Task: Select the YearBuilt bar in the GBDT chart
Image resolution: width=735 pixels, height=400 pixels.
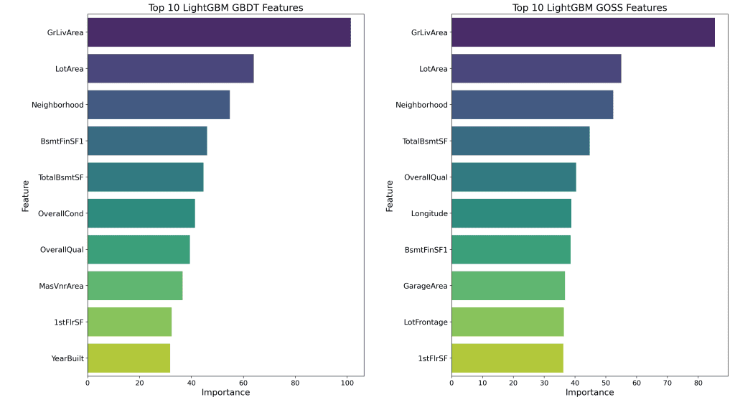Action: tap(128, 358)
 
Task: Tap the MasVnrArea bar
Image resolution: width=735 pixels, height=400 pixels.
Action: tap(135, 285)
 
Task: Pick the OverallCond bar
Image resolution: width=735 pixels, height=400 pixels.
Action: tap(141, 213)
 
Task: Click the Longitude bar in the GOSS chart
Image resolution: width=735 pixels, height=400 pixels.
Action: tap(511, 213)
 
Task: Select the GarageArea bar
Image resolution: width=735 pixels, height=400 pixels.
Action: tap(507, 285)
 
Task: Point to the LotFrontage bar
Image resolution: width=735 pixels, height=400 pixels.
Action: tap(507, 322)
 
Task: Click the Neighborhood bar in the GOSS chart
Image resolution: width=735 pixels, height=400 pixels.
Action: tap(532, 105)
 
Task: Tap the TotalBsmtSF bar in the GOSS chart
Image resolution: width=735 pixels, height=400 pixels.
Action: tap(520, 141)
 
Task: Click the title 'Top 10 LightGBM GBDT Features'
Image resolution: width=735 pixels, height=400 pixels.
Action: tap(225, 8)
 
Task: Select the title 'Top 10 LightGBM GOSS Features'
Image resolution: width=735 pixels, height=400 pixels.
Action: tap(589, 8)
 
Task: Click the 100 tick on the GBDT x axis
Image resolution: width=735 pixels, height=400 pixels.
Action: tap(347, 383)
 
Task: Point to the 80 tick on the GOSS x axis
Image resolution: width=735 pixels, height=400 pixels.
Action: tap(698, 383)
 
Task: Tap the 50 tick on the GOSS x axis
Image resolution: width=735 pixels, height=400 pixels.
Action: tap(606, 383)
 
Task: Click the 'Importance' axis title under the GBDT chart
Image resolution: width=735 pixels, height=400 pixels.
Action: tap(225, 393)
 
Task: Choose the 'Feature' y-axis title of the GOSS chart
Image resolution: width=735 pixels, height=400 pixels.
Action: tap(390, 195)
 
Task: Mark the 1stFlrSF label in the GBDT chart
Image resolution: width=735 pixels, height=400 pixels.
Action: tap(69, 322)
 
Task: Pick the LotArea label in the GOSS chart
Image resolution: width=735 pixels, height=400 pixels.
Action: tap(433, 69)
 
